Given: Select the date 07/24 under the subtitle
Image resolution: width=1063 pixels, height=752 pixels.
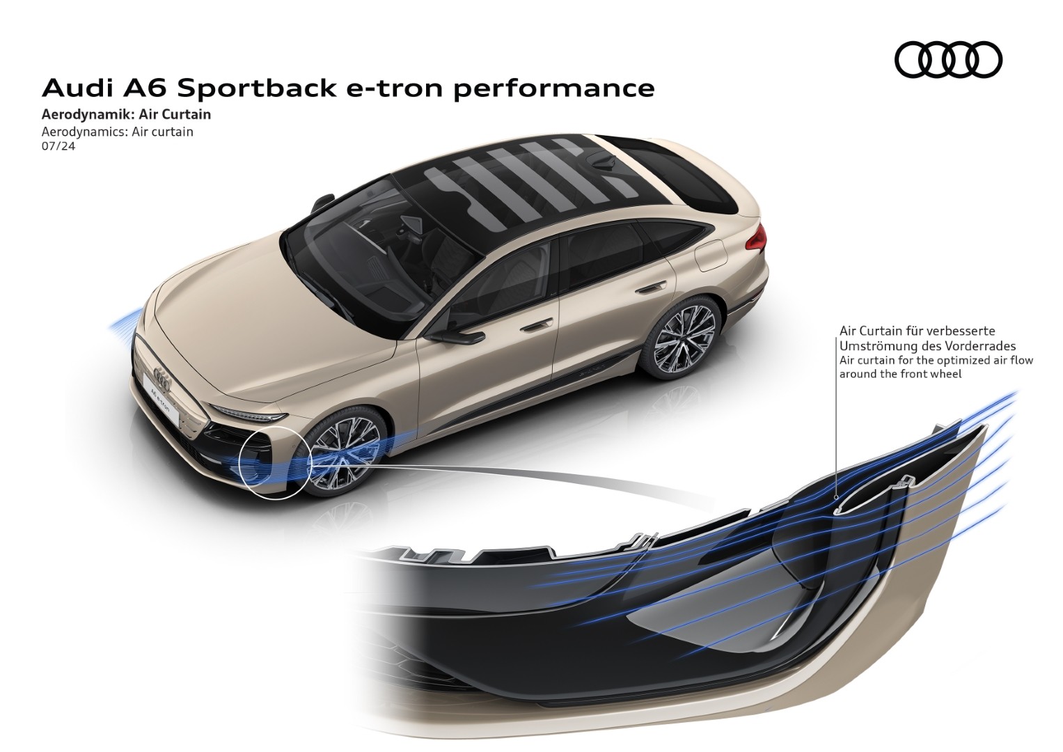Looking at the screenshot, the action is [58, 146].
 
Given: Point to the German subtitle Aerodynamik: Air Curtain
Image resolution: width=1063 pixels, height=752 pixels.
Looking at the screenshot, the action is [126, 115].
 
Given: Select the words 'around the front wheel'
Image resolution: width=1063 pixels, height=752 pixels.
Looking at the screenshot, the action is [900, 374].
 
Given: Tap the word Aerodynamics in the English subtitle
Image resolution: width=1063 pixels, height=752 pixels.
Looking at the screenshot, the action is [84, 132].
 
